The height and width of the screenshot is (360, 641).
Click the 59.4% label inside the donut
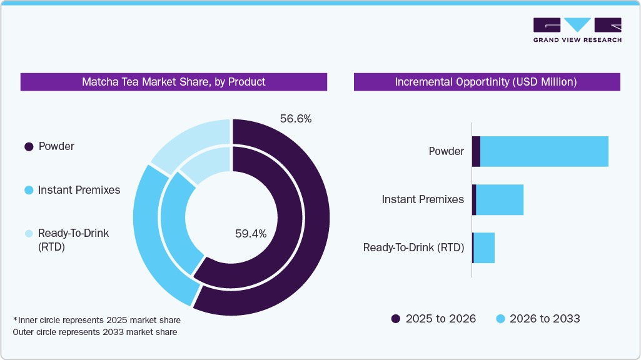[x=251, y=234]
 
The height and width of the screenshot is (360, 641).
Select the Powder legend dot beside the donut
[x=29, y=147]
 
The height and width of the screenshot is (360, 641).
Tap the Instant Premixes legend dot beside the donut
[x=29, y=190]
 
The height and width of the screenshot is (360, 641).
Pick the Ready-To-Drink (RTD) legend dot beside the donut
[x=29, y=233]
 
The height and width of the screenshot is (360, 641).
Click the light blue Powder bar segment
[x=544, y=151]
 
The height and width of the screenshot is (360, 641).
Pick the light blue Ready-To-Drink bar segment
[x=484, y=248]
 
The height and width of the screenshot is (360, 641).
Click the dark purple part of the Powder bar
[x=476, y=151]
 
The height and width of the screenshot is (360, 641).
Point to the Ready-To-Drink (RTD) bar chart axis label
[x=413, y=247]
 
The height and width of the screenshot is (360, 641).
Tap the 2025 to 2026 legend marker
[x=396, y=319]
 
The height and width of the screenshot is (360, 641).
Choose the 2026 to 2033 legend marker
[x=500, y=319]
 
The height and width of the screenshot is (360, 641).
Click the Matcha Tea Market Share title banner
[x=174, y=82]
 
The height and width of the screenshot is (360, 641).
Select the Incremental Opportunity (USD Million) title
[x=487, y=82]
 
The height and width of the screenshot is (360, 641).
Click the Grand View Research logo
[x=577, y=30]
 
